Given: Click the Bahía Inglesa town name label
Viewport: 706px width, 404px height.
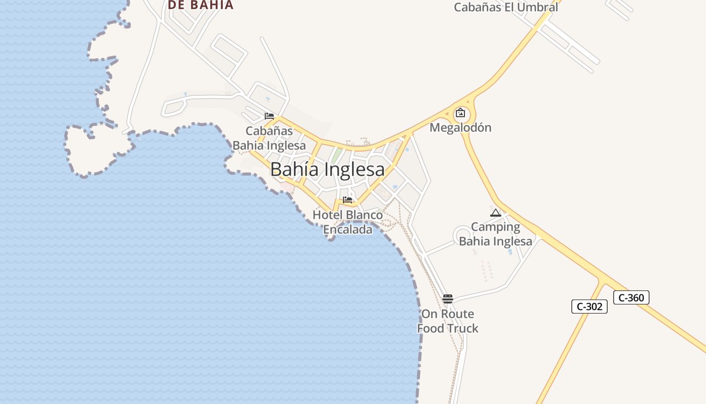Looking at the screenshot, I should pos(327,169).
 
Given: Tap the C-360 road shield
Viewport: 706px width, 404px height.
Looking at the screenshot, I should pos(631,297).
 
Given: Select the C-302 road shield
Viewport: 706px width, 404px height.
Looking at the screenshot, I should pos(589,306).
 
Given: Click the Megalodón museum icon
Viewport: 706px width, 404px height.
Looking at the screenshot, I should pos(460,113).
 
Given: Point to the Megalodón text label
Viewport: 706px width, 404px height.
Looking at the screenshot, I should pos(460,127).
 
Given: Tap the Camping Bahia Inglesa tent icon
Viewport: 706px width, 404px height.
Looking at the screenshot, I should pos(495,213).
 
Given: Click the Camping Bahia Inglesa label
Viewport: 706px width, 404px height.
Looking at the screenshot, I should pos(495,234).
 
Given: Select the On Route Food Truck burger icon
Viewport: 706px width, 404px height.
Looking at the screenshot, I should pos(447,298).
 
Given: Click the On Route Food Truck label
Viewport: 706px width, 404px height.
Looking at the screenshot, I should pos(447,321).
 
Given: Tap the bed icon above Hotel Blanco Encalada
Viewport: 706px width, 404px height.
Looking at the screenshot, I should pos(347,200).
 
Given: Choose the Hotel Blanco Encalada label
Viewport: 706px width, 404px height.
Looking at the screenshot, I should pos(347,222).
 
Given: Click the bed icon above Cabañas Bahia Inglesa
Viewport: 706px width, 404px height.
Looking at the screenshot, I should pos(269,116).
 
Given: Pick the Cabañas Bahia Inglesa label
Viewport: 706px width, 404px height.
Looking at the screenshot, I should pos(269,138).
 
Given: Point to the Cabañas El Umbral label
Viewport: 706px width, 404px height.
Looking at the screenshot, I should pos(506,7).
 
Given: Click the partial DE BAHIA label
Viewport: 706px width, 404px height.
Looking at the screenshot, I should pos(201,5).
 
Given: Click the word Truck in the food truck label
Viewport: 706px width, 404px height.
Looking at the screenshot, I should pos(462,328).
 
